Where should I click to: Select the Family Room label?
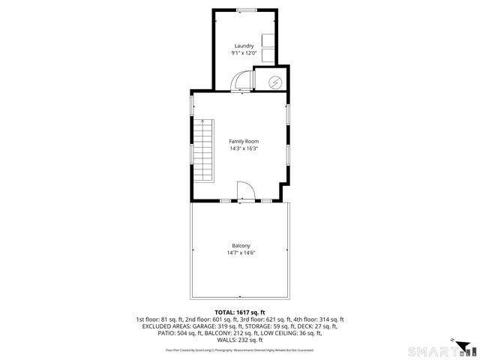click(240, 141)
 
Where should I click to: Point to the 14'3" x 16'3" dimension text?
click(240, 148)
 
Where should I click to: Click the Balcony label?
click(240, 246)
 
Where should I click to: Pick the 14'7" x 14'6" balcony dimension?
click(240, 253)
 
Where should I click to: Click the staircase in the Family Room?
click(204, 149)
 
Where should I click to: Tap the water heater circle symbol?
click(275, 81)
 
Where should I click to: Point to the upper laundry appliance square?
click(267, 40)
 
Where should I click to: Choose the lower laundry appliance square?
click(267, 55)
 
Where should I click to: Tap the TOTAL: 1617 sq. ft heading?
click(240, 312)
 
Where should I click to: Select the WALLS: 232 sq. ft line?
click(240, 340)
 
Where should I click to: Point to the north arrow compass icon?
click(464, 346)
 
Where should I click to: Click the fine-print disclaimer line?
click(240, 349)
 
